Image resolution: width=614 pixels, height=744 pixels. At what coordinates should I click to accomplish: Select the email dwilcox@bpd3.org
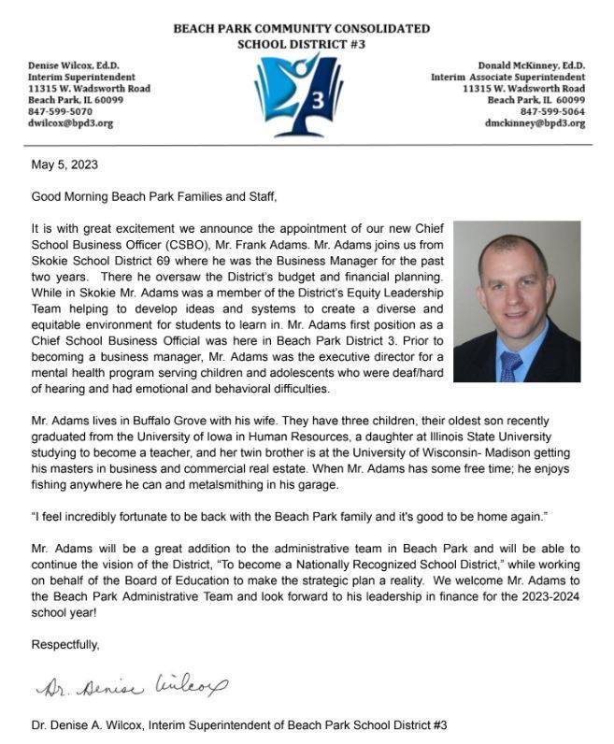[x=70, y=123]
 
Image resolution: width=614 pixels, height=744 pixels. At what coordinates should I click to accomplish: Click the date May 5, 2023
[x=64, y=165]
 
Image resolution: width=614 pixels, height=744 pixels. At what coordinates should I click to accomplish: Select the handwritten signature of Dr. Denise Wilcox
[x=130, y=688]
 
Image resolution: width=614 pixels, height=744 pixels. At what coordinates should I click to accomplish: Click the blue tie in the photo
[x=509, y=365]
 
